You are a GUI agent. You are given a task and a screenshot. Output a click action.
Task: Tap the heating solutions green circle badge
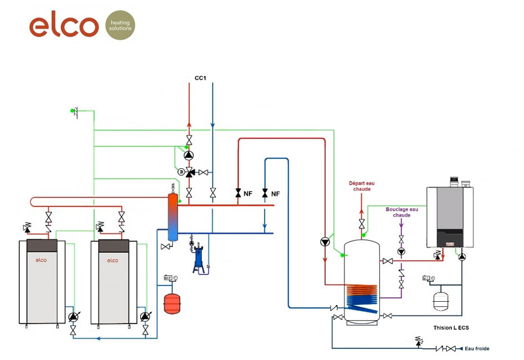[121, 25]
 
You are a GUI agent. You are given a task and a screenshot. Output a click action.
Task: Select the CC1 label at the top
[201, 78]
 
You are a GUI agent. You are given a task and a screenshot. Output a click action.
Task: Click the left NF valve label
[248, 194]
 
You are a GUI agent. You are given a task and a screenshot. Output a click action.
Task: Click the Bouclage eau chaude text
[402, 212]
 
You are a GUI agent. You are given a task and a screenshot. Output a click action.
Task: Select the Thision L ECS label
[451, 327]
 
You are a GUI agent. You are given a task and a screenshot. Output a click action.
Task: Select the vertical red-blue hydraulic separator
[172, 216]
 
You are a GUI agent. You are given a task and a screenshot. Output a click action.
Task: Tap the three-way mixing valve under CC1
[189, 172]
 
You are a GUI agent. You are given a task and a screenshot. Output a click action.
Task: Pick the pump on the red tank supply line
[325, 242]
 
